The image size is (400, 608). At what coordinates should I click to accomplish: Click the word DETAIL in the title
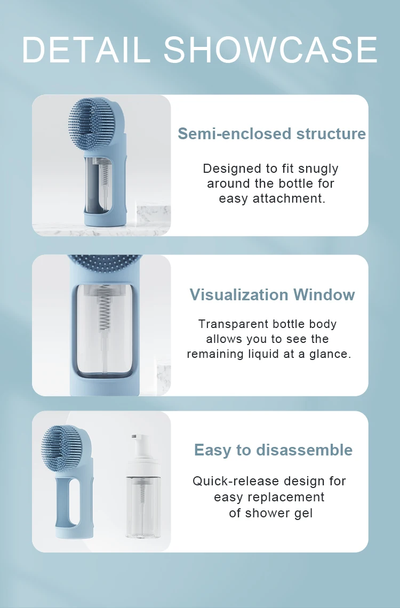coord(86,50)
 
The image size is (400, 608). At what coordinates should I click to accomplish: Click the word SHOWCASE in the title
coord(270,50)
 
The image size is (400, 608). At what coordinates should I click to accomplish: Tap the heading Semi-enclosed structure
coord(271,134)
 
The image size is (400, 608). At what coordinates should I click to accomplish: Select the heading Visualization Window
coord(272,295)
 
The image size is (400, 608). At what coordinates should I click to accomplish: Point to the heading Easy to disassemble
coord(273,450)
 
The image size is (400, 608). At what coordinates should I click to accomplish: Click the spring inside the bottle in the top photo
coord(104,174)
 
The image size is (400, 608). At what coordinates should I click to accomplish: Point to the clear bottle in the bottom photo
coord(143,486)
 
